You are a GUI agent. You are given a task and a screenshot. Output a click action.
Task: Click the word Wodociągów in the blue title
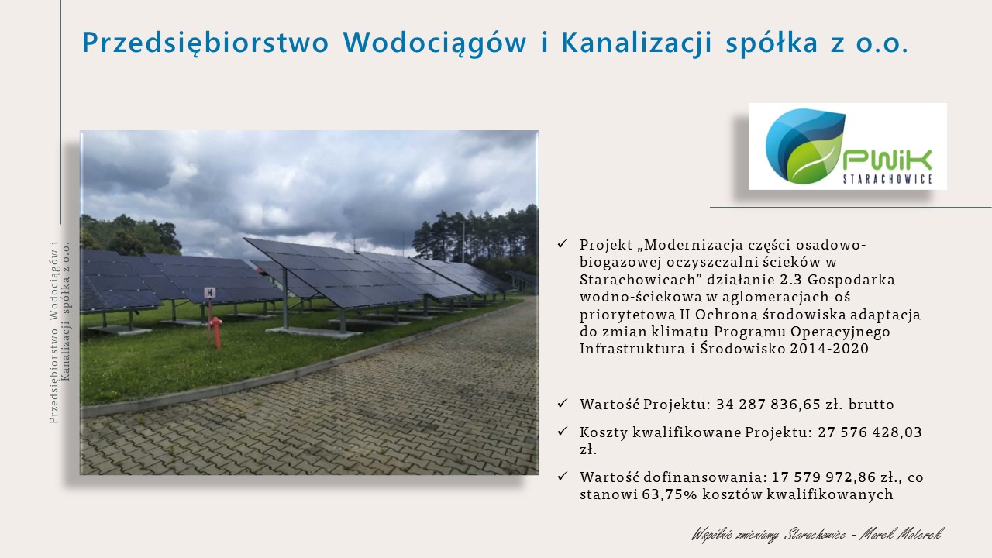point(435,43)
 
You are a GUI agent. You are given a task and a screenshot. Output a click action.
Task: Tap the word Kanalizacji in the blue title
point(637,43)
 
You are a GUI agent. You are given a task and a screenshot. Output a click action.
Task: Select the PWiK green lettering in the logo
point(887,160)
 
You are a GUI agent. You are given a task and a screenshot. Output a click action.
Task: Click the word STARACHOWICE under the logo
point(888,179)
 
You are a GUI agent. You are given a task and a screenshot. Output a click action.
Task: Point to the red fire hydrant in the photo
point(215,332)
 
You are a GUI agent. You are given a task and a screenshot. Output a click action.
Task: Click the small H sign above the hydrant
point(209,293)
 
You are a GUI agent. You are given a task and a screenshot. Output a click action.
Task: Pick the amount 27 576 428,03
point(870,432)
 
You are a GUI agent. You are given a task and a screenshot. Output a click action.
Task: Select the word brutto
point(871,405)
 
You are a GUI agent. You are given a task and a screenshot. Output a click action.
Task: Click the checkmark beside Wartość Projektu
point(563,403)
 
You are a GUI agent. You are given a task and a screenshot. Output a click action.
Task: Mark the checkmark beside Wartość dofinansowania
point(563,476)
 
